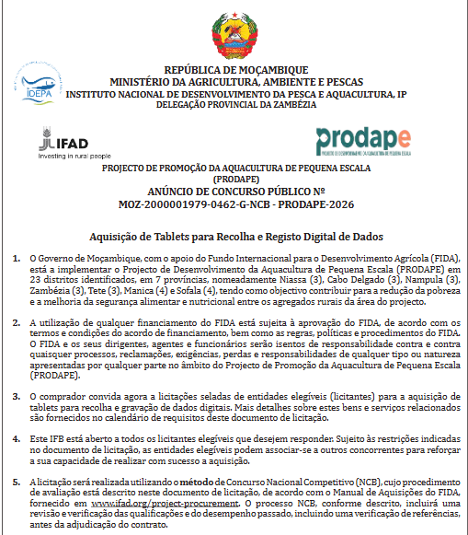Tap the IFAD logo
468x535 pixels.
click(x=68, y=140)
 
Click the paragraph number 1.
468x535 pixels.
click(x=18, y=260)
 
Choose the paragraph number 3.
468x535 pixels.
click(x=18, y=395)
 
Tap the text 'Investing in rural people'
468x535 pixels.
click(x=74, y=156)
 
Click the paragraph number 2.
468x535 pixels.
click(x=18, y=321)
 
